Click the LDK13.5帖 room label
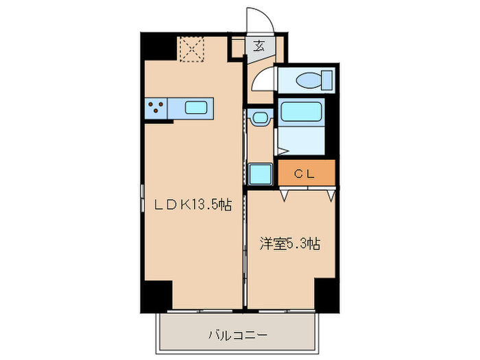point(191,204)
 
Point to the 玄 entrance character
point(260,47)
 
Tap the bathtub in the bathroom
point(301,111)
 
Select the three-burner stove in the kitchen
point(156,107)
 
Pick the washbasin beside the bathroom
point(261,119)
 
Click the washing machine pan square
point(260,173)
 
